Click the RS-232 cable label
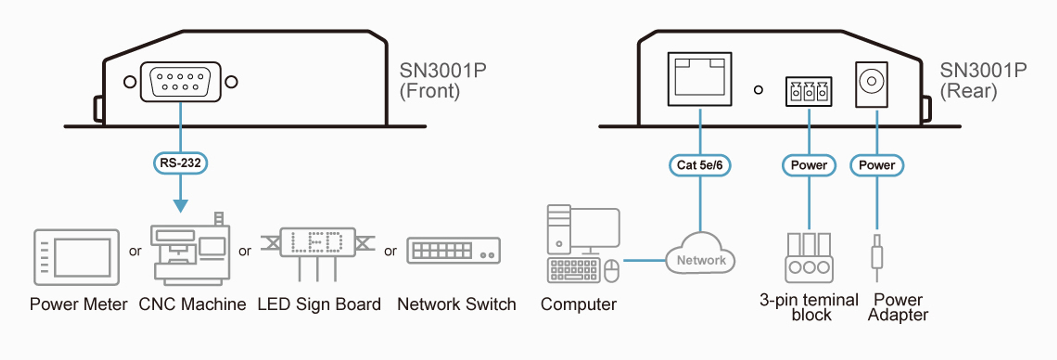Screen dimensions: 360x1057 (180, 163)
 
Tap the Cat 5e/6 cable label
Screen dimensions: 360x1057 (700, 165)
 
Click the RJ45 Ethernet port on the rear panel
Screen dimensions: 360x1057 (700, 79)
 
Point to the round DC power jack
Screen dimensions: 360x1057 (871, 82)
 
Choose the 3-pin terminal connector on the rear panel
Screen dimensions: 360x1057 (809, 91)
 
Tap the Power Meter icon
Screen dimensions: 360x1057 (77, 257)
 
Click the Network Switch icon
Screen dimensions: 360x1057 (453, 250)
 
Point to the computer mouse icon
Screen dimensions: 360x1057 (612, 270)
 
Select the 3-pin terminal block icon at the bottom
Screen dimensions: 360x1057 (809, 258)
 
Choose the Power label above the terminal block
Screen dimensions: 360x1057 (809, 165)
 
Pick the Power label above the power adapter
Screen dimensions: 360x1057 (877, 165)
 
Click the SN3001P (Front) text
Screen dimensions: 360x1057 (442, 80)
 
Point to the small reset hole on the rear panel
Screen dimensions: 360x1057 (758, 90)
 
